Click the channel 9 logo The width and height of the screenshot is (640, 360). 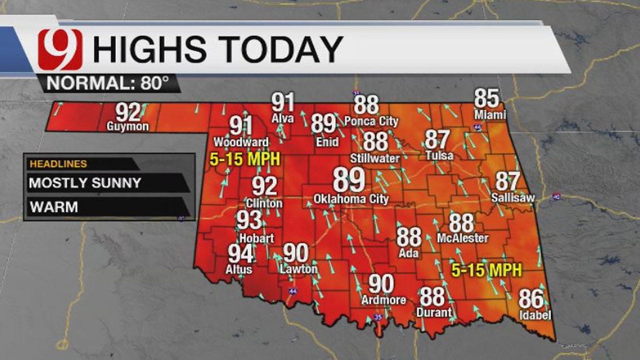(x=60, y=49)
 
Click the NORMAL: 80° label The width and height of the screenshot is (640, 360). (x=107, y=83)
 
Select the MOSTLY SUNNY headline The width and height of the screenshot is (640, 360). (x=85, y=183)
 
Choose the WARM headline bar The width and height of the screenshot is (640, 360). (x=54, y=207)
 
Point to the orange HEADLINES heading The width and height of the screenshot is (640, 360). (x=58, y=164)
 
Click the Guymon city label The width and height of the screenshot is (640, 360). (x=127, y=126)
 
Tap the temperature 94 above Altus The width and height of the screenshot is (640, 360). (x=241, y=254)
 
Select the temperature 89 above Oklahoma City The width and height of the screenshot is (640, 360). (x=349, y=180)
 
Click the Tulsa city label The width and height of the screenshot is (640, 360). (x=439, y=155)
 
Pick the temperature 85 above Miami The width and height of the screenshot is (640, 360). (x=486, y=98)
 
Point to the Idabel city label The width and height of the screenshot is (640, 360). (x=534, y=315)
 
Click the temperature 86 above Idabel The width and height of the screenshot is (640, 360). (x=531, y=299)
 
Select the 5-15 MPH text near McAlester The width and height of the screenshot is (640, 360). (x=486, y=270)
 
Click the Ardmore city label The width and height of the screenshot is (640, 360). (x=384, y=300)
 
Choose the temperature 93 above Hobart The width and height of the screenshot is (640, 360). (x=249, y=220)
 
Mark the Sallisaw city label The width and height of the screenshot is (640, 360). (x=512, y=198)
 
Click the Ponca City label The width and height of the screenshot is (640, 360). (x=371, y=121)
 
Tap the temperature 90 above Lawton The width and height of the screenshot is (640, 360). (x=295, y=253)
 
